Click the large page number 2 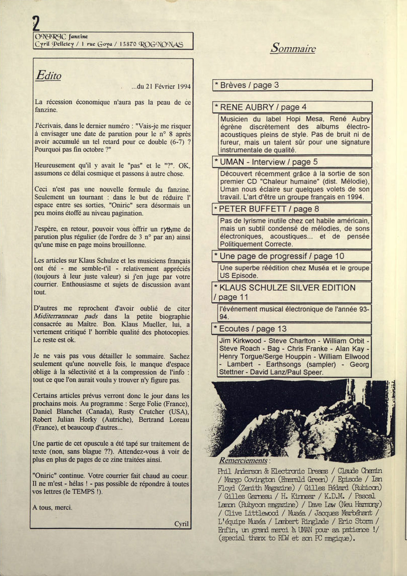pos(36,23)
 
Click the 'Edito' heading pos(49,75)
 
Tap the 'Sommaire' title pos(293,48)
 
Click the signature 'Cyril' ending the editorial pos(181,524)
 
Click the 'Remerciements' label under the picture pos(243,460)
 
